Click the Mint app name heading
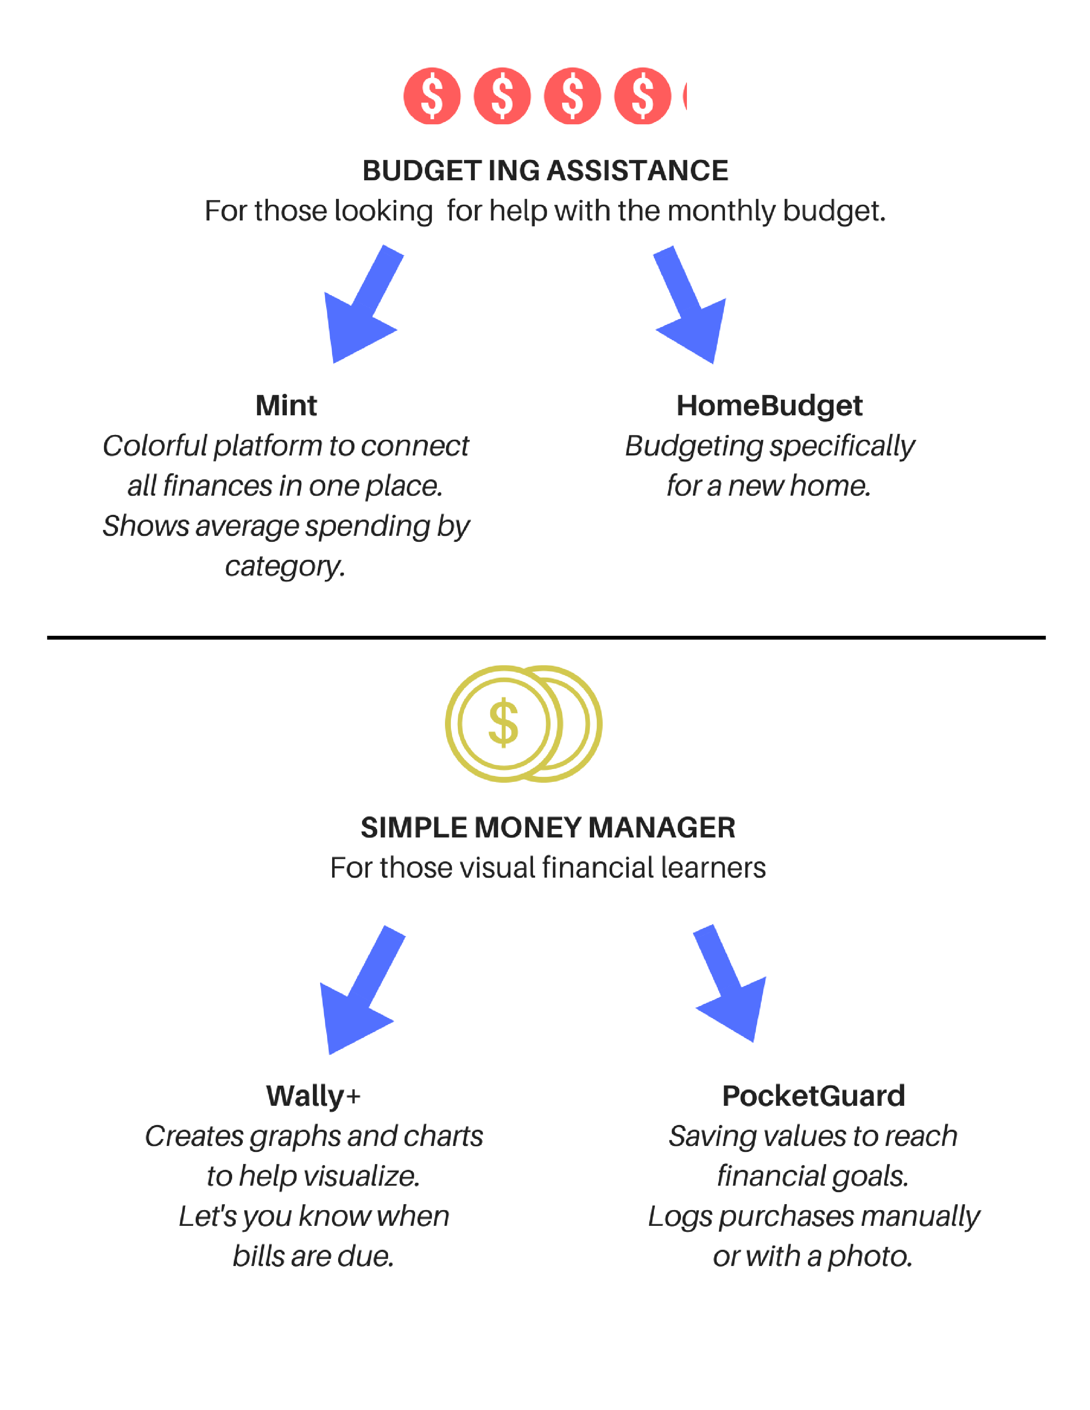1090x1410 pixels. [x=286, y=405]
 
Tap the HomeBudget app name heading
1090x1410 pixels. [x=769, y=406]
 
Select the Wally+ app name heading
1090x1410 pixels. [x=313, y=1096]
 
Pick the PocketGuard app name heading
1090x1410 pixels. [x=813, y=1096]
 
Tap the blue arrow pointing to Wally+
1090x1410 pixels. [x=362, y=989]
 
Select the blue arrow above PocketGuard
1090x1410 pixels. [x=731, y=983]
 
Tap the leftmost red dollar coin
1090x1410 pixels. [x=432, y=96]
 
